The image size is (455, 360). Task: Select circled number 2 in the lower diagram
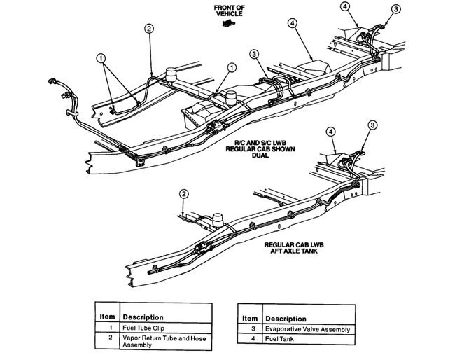pos(183,194)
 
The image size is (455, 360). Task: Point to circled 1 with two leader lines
pos(102,58)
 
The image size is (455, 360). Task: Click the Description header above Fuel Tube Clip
pos(143,317)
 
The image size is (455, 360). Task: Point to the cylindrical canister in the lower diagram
pos(218,219)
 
